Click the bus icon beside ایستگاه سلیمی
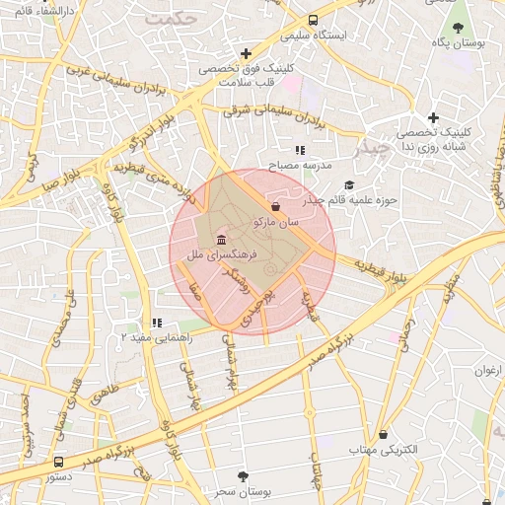[x=313, y=20]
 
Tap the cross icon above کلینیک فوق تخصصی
[x=246, y=53]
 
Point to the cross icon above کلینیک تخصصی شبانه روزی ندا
[x=432, y=117]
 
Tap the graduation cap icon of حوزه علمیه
[x=348, y=184]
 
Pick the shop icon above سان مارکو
[x=274, y=206]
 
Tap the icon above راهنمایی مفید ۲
[x=156, y=323]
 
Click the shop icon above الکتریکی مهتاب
[x=383, y=434]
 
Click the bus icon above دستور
[x=58, y=461]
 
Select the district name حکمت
[x=165, y=17]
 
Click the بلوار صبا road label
[x=36, y=184]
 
